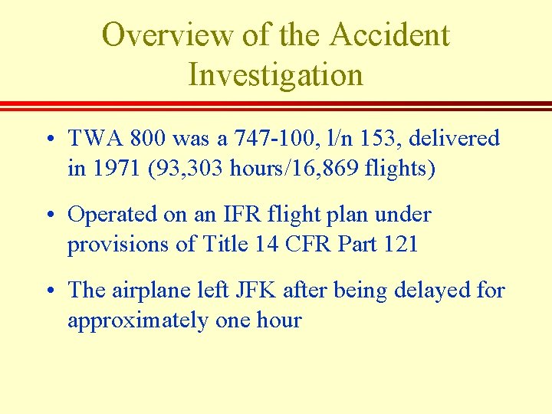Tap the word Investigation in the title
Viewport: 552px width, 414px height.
pyautogui.click(x=275, y=75)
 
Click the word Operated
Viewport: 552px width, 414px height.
pyautogui.click(x=110, y=215)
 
